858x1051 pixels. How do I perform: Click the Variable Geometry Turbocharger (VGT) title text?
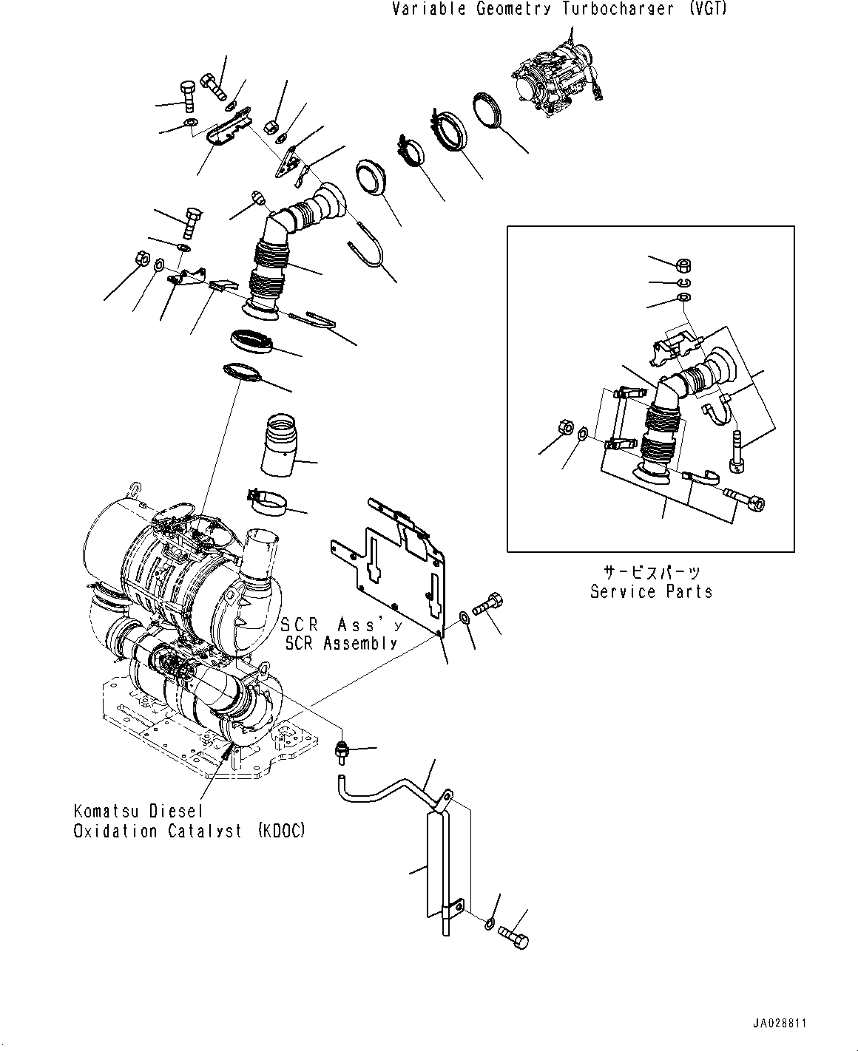click(x=559, y=10)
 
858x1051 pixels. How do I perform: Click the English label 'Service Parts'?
click(x=651, y=591)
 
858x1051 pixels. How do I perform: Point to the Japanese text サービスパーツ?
click(x=651, y=572)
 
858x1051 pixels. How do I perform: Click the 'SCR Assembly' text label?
click(x=342, y=643)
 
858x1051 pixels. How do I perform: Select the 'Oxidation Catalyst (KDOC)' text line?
click(x=189, y=831)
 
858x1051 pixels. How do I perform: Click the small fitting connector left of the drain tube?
click(x=343, y=752)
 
